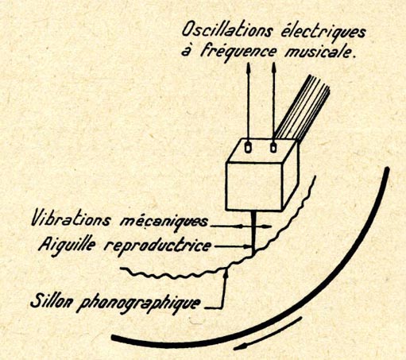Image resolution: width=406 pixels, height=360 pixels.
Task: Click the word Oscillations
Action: (x=227, y=29)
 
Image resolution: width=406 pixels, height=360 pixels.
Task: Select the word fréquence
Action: (x=238, y=51)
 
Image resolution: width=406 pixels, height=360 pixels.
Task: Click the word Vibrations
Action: (x=71, y=219)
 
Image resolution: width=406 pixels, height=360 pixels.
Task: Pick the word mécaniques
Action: (x=164, y=222)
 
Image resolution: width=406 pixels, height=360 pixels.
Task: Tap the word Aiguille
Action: (x=67, y=245)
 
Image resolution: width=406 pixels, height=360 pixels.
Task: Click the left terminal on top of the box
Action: (x=248, y=147)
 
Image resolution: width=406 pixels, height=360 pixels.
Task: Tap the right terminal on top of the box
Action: (x=273, y=147)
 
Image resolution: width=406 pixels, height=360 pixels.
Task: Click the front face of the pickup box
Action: (x=253, y=186)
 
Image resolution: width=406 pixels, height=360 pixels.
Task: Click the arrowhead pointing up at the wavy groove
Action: (x=226, y=273)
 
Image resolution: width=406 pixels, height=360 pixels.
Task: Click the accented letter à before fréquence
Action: (x=187, y=51)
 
